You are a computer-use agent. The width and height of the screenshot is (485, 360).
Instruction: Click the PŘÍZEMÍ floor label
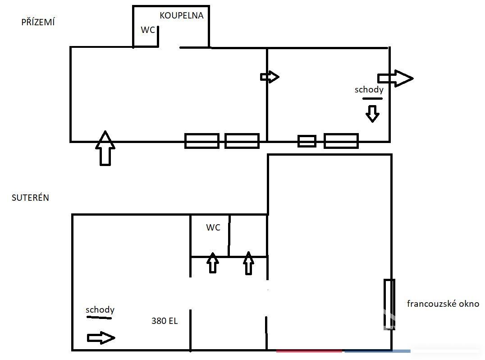pos(38,22)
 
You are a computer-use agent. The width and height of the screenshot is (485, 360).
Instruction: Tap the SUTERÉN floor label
pos(30,198)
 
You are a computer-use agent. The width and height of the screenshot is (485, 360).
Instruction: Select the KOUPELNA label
pos(182,15)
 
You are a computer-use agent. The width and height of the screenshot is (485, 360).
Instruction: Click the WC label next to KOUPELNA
pos(148,30)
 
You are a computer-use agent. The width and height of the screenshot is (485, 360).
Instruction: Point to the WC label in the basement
pos(213,227)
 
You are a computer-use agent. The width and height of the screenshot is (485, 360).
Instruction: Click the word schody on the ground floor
pos(369,89)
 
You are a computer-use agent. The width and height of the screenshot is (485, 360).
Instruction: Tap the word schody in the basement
pos(100,309)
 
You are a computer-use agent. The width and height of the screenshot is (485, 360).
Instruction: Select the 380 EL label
pos(165,321)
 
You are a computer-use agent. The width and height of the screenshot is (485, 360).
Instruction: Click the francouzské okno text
pos(443,304)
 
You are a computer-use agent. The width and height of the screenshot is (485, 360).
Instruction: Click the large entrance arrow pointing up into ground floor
pos(105,148)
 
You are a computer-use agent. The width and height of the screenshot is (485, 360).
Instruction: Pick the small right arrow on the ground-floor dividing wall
pos(270,77)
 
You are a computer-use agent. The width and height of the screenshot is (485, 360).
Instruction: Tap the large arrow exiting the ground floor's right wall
pos(395,78)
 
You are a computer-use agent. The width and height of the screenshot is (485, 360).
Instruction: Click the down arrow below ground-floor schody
pos(372,114)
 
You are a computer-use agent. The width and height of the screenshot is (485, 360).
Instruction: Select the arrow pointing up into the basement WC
pos(212,263)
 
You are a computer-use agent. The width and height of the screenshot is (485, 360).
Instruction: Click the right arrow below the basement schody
pos(101,338)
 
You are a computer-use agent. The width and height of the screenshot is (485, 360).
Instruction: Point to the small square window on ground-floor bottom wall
pos(307,141)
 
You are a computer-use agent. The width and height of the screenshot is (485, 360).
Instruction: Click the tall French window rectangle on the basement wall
pos(389,304)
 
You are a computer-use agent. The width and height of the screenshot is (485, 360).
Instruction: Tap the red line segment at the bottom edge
pos(309,351)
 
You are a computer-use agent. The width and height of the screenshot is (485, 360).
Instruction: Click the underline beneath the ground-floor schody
pos(372,98)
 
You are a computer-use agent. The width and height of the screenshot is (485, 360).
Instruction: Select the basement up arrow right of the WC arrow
pos(248,263)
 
